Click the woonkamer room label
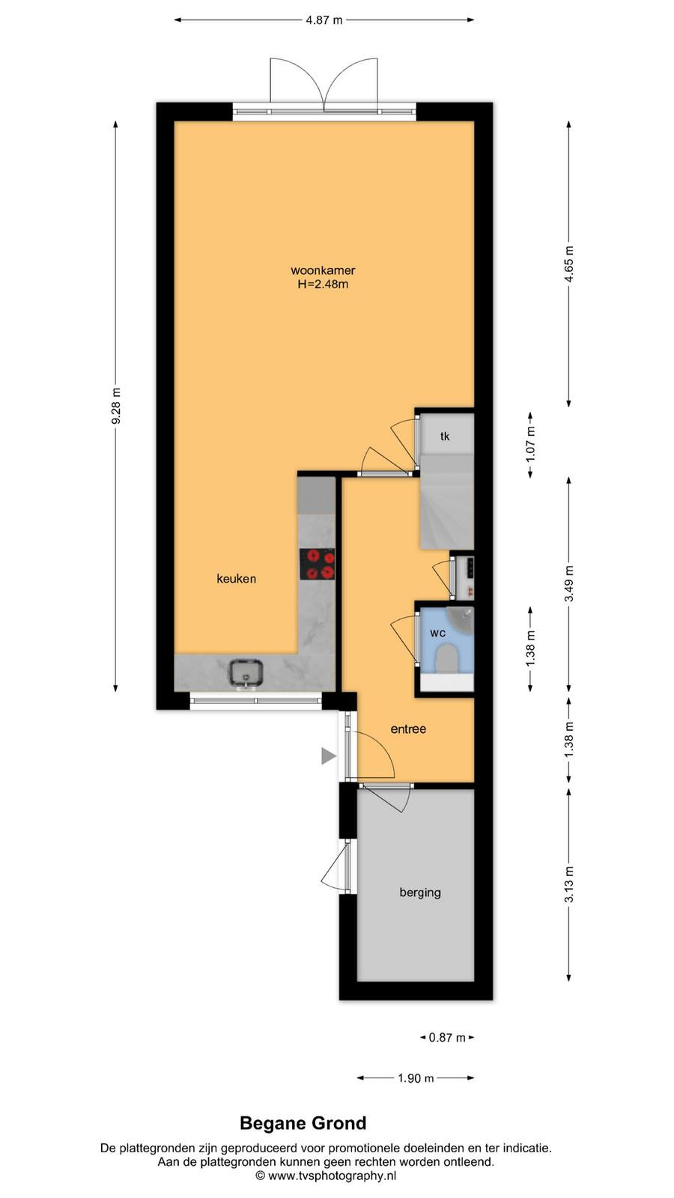tap(323, 270)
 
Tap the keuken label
tap(237, 579)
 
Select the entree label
tap(408, 729)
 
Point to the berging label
tap(420, 893)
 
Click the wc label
tap(437, 633)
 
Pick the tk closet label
tap(445, 437)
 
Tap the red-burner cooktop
tap(318, 565)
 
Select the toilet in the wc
tap(446, 659)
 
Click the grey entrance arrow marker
tap(328, 756)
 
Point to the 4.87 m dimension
tap(324, 20)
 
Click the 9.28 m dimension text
tap(116, 406)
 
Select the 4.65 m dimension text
tap(569, 264)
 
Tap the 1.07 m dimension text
tap(530, 445)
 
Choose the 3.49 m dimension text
tap(569, 583)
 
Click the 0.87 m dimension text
tap(447, 1038)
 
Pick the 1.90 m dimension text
tap(416, 1078)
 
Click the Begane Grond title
tap(303, 1123)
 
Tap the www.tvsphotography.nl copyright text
tap(326, 1176)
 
